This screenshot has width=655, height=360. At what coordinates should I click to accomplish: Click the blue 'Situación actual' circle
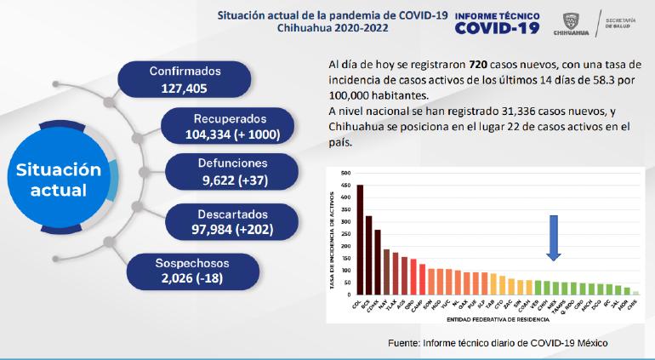(x=59, y=180)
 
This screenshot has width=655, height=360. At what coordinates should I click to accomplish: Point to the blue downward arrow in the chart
(x=553, y=237)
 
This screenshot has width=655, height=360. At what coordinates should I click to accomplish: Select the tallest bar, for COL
(x=359, y=239)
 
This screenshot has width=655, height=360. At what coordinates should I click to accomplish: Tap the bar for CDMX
(x=378, y=262)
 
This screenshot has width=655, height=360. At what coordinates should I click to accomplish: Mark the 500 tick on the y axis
(x=345, y=173)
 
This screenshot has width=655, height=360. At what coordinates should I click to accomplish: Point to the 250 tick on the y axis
(x=345, y=233)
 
